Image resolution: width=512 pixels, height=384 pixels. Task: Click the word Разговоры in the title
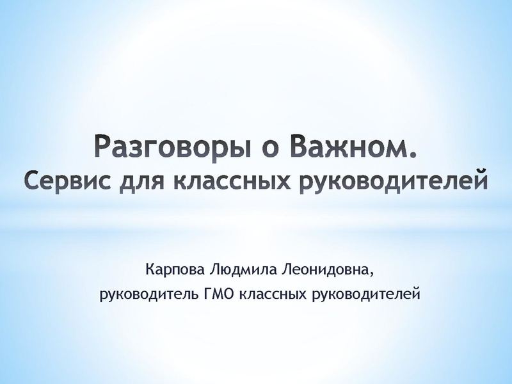click(x=173, y=148)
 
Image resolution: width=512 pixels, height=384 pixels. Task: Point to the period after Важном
click(x=412, y=155)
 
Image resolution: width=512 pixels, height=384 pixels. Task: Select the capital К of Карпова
click(x=150, y=269)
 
